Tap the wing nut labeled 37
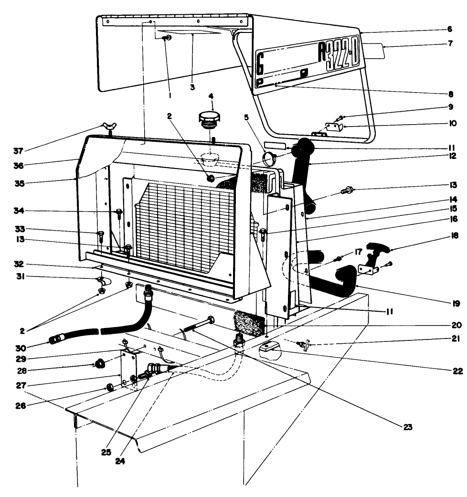tap(108, 127)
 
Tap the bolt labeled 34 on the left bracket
tap(118, 212)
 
